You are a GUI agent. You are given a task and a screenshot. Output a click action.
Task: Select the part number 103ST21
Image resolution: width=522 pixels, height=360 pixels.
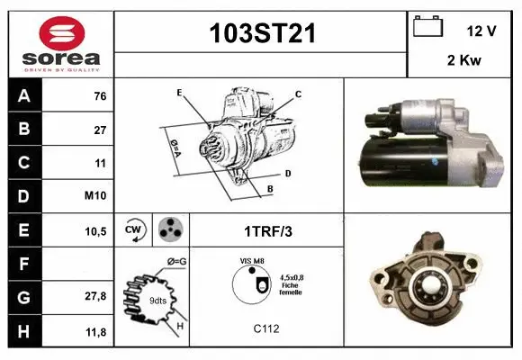(261, 33)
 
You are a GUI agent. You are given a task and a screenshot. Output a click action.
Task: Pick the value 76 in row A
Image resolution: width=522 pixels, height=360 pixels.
(99, 95)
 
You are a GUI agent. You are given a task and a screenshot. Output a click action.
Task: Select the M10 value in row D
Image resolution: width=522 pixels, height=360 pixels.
(97, 194)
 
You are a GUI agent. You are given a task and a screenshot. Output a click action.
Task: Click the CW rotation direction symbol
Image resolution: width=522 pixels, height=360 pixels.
(134, 229)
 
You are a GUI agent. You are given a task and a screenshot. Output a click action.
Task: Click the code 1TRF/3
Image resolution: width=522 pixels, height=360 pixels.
(266, 230)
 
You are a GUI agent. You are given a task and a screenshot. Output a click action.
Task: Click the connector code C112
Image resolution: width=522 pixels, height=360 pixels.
(266, 329)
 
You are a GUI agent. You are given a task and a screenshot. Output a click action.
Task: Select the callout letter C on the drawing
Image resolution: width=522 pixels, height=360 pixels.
(298, 94)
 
